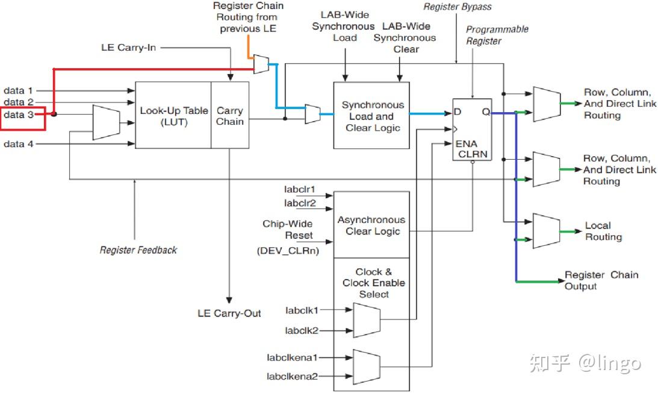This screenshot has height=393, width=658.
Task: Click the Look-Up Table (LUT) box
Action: click(x=173, y=115)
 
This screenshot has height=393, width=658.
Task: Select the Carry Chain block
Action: click(x=230, y=115)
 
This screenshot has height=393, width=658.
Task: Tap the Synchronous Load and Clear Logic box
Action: click(x=371, y=116)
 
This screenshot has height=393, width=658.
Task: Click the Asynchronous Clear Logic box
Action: click(x=371, y=225)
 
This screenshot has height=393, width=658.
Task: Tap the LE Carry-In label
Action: click(x=128, y=47)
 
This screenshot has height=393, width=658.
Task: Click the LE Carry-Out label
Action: click(x=229, y=313)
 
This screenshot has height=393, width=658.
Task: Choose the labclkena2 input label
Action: click(x=292, y=377)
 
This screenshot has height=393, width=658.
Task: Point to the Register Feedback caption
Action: click(x=138, y=250)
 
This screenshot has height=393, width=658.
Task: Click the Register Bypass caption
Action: click(x=458, y=7)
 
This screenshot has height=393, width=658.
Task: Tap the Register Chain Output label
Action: click(x=601, y=280)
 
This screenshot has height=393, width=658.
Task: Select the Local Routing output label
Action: click(x=603, y=231)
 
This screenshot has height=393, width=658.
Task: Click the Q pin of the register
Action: click(x=485, y=112)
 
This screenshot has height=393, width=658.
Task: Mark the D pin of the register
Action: click(x=458, y=112)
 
